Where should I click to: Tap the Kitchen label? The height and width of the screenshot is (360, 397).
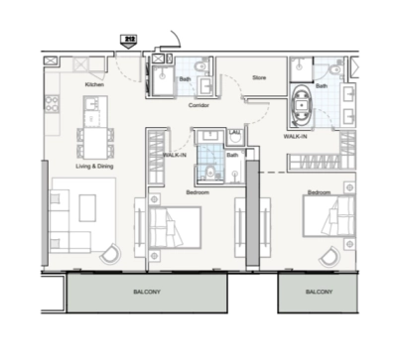[94, 85]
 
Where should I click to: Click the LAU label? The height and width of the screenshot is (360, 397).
[235, 132]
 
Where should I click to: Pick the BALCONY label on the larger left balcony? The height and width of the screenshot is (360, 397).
[148, 295]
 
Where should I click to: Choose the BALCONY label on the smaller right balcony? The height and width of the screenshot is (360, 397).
[318, 294]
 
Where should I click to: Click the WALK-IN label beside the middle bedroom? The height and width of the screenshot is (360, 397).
[175, 155]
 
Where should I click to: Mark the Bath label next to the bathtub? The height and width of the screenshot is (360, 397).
[321, 85]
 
